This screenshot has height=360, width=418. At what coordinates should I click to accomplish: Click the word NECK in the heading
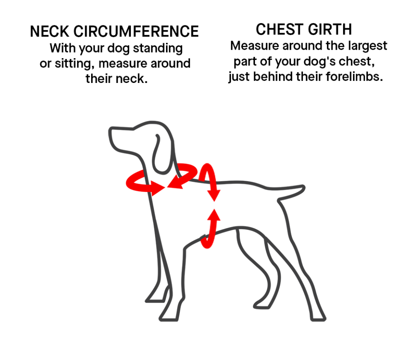coord(50,32)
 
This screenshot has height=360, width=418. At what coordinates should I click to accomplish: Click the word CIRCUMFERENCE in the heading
coord(136,32)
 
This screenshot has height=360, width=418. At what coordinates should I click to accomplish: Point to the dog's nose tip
coord(110,130)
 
